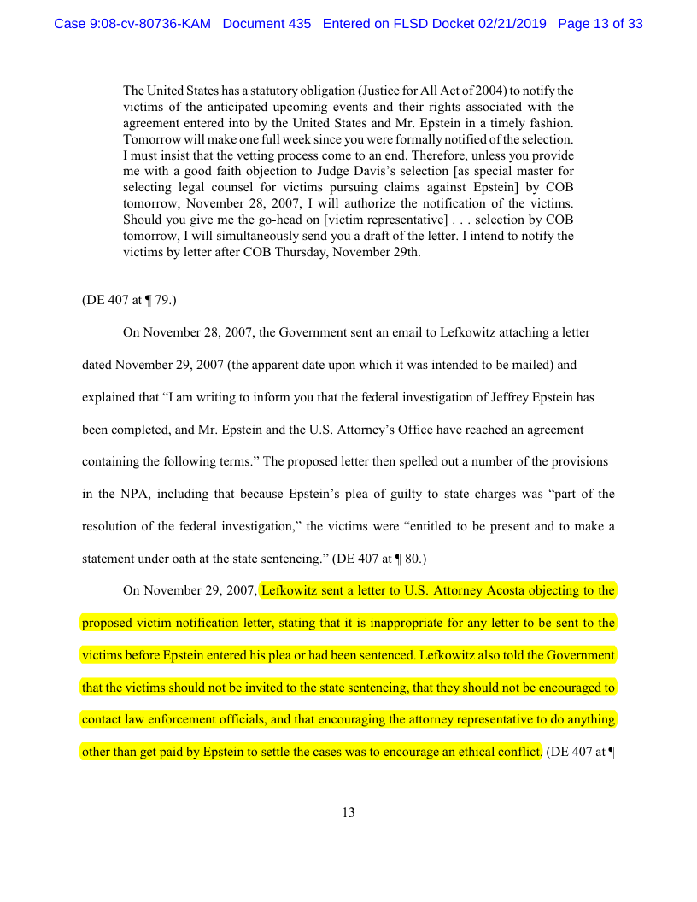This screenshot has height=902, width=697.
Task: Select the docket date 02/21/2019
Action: (507, 24)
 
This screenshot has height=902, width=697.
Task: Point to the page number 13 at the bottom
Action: (348, 812)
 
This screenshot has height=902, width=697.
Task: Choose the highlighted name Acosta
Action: (525, 589)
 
